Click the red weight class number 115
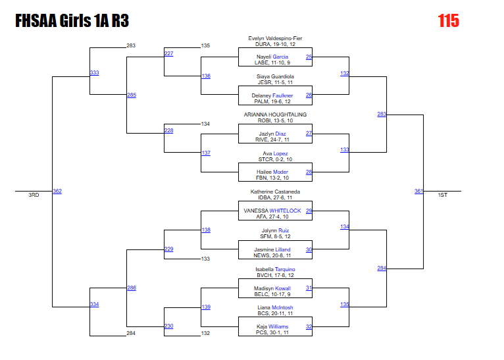pyautogui.click(x=448, y=21)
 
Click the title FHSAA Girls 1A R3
pyautogui.click(x=72, y=22)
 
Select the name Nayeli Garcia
pyautogui.click(x=272, y=57)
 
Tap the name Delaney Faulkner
pyautogui.click(x=272, y=95)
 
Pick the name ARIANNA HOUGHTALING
pyautogui.click(x=275, y=115)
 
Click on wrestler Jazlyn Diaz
pyautogui.click(x=272, y=134)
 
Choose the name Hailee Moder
pyautogui.click(x=272, y=172)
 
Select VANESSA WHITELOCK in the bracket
pyautogui.click(x=272, y=211)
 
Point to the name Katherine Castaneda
pyautogui.click(x=275, y=192)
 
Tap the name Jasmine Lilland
pyautogui.click(x=272, y=249)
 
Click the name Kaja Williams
pyautogui.click(x=272, y=326)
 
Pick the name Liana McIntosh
pyautogui.click(x=275, y=307)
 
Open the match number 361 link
pyautogui.click(x=418, y=192)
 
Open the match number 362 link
pyautogui.click(x=57, y=192)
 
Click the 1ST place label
pyautogui.click(x=442, y=195)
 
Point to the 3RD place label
pyautogui.click(x=34, y=195)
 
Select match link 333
pyautogui.click(x=94, y=72)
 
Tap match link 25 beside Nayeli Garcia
pyautogui.click(x=309, y=57)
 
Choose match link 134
pyautogui.click(x=344, y=226)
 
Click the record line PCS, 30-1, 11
pyautogui.click(x=272, y=333)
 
